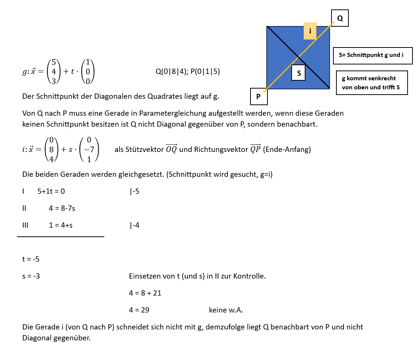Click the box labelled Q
click(340, 18)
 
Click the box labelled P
click(259, 97)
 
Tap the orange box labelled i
click(310, 31)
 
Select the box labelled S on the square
click(299, 73)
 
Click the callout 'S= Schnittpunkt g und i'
click(373, 55)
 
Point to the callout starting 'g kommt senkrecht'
click(371, 83)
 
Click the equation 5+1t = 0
click(51, 191)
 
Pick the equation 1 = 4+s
click(61, 225)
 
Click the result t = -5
click(31, 259)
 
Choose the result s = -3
click(31, 276)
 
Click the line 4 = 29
click(139, 310)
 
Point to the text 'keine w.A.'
click(226, 310)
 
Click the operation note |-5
click(134, 191)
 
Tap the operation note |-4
click(134, 225)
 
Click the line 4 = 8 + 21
click(145, 293)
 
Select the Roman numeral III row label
click(25, 225)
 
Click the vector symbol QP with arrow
click(255, 149)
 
